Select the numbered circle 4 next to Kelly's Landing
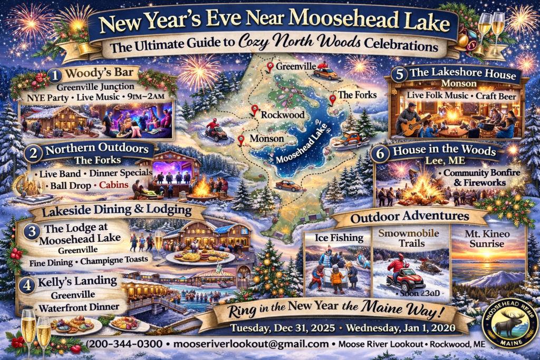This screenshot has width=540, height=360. (29, 285)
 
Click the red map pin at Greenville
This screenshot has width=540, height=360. (270, 67)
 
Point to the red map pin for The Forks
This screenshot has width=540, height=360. (333, 99)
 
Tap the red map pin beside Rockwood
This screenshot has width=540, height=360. (255, 110)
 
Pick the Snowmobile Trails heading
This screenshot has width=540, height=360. (410, 238)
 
